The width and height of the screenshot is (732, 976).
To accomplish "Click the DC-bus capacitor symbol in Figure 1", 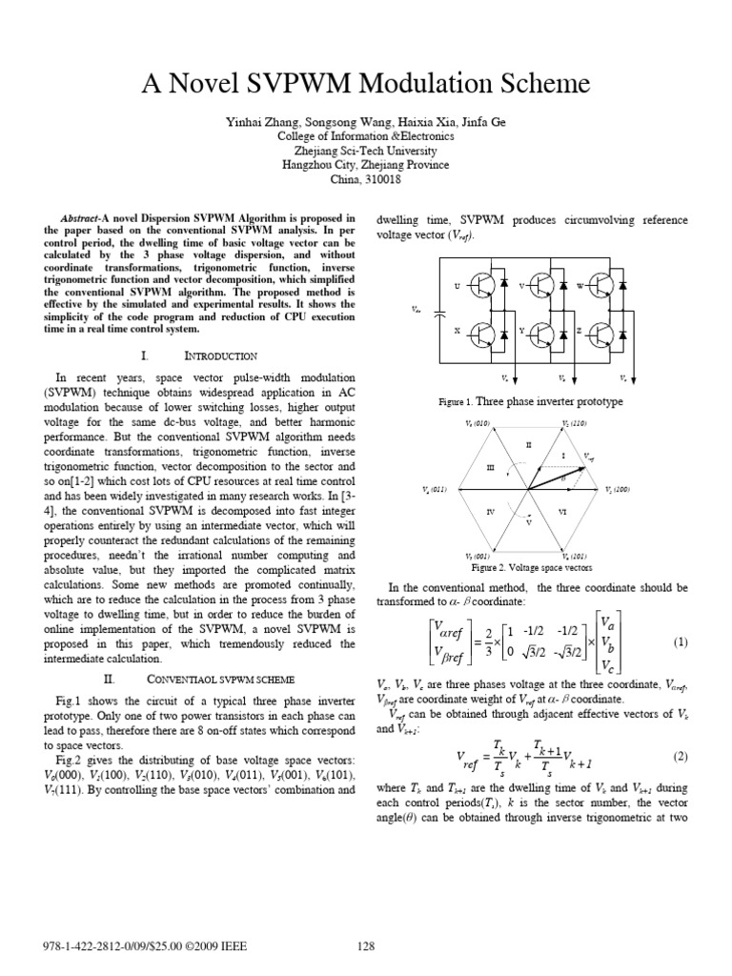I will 438,310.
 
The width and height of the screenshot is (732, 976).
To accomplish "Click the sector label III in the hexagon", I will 491,467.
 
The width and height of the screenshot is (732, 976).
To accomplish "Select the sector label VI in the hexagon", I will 563,512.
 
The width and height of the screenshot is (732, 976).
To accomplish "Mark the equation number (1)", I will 680,642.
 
